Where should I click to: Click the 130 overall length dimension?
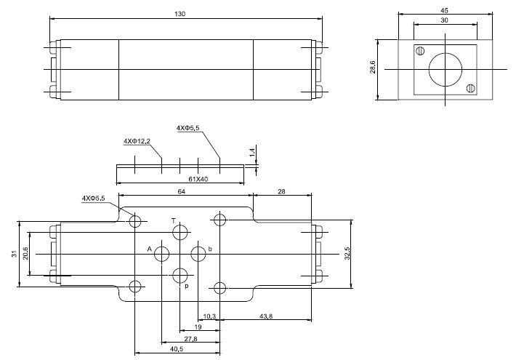coord(182,12)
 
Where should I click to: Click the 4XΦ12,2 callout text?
coord(137,140)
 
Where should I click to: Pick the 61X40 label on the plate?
coord(177,179)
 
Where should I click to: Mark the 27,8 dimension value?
coord(169,339)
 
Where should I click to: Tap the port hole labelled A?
coord(162,253)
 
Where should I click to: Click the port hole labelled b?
coord(198,253)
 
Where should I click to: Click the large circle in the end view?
coord(444,69)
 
